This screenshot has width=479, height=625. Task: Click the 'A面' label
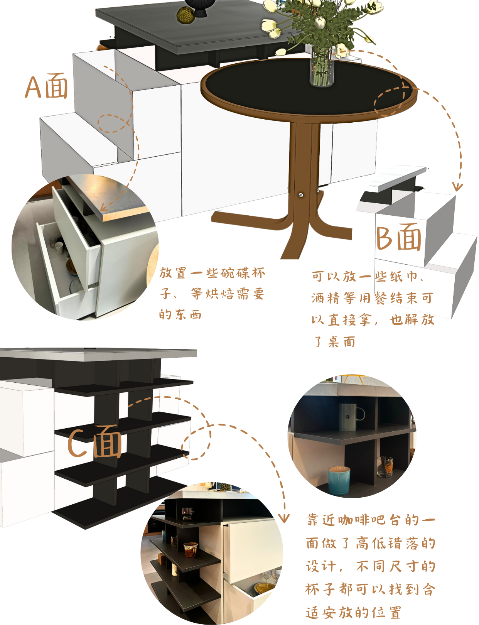47,86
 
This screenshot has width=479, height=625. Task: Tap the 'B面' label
398,237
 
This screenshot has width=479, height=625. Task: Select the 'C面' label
95,442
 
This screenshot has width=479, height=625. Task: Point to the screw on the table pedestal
300,195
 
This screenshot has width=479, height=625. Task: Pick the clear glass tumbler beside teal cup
385,466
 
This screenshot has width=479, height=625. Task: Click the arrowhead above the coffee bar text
284,518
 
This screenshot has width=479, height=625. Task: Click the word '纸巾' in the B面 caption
403,276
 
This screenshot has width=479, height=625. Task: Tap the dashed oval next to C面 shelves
196,443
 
